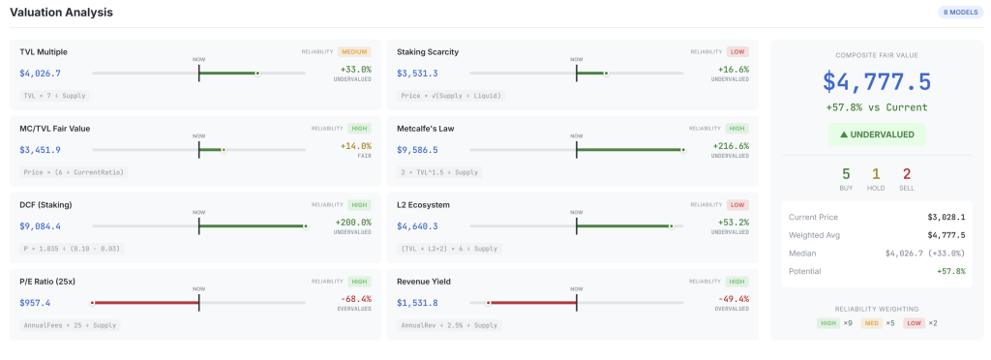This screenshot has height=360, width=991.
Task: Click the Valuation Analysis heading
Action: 61,13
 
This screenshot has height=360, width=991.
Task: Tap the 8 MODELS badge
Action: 960,13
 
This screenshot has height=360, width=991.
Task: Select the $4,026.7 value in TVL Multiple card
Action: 40,73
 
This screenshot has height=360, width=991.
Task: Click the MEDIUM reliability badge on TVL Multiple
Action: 354,51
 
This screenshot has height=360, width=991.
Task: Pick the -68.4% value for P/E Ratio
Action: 354,299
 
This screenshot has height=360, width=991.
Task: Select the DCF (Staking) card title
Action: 45,205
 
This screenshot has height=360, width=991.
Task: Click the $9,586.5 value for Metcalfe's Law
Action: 417,150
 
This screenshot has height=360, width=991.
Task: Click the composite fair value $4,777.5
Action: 877,81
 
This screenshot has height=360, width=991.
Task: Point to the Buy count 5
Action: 846,173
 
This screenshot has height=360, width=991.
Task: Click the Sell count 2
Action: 906,173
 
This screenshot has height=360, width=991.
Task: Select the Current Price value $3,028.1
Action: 946,218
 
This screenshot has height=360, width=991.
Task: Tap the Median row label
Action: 803,253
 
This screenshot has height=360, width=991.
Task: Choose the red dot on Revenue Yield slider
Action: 489,303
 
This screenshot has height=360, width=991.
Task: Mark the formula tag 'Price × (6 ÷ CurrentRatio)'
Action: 75,171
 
